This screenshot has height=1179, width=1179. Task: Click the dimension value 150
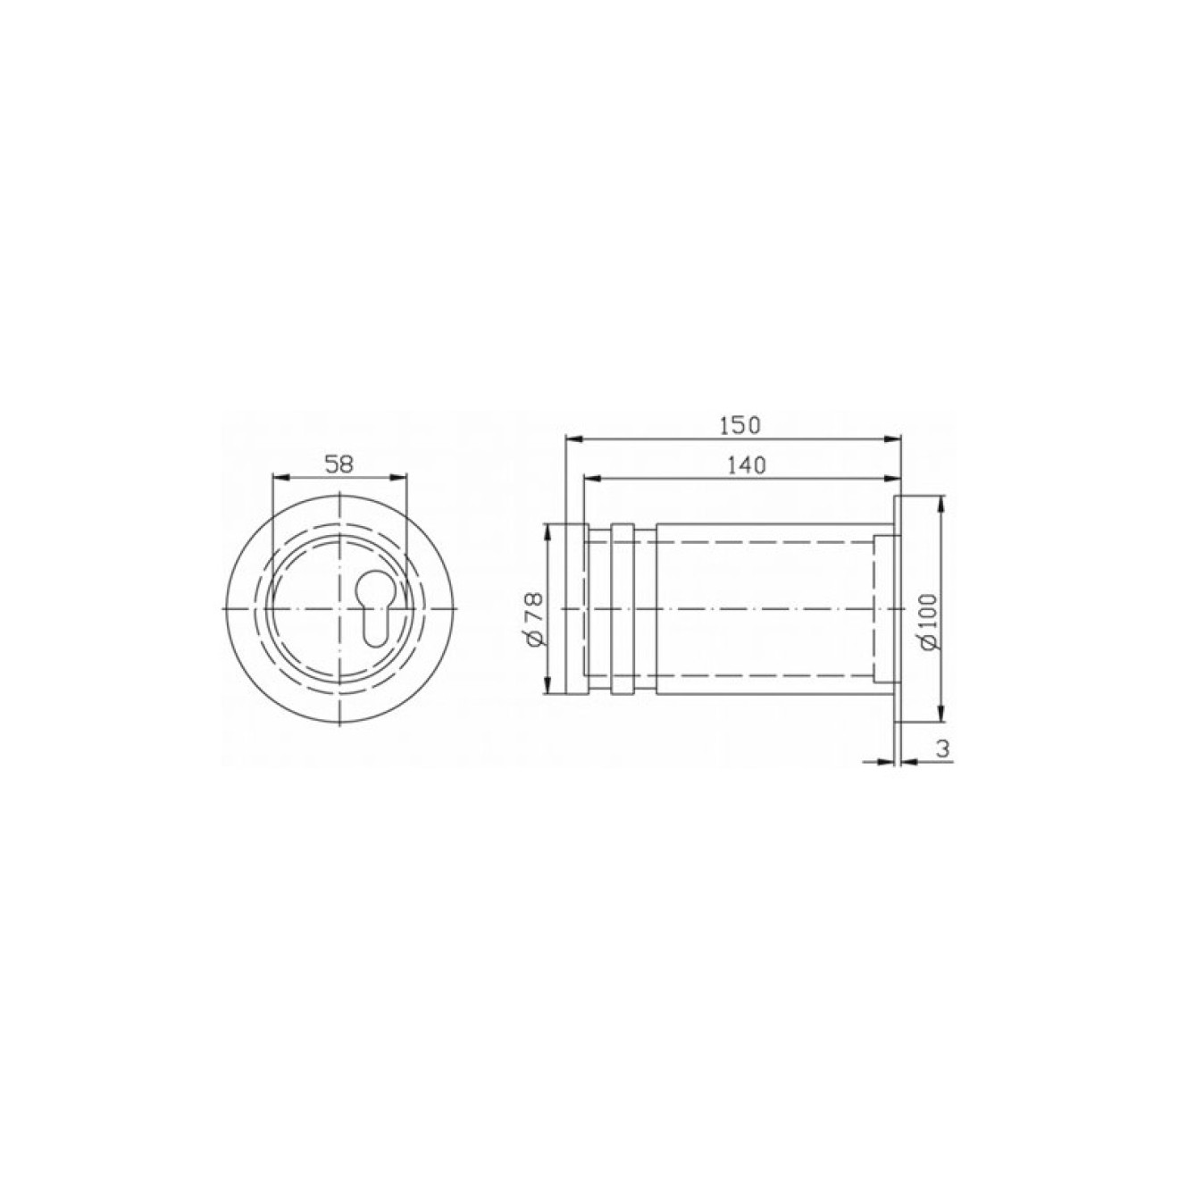click(740, 425)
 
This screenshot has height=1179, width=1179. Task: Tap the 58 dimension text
click(339, 464)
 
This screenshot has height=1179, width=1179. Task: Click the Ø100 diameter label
click(926, 621)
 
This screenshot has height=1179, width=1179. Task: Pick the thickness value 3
click(943, 749)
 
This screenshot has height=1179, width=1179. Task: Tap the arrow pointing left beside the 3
click(913, 762)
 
